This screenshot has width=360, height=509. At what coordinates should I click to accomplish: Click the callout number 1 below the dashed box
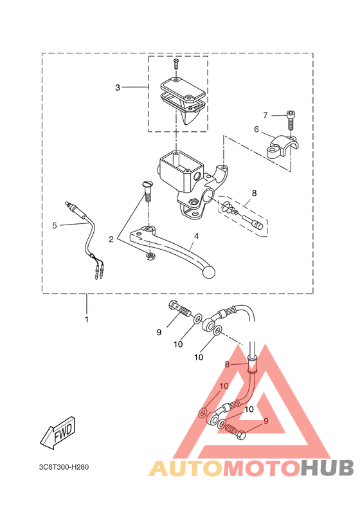[x=87, y=320]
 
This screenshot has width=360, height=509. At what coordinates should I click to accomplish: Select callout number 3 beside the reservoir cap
[x=118, y=88]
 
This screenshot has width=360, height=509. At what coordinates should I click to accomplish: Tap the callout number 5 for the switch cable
[x=55, y=225]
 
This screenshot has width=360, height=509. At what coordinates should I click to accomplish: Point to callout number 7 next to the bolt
[x=265, y=115]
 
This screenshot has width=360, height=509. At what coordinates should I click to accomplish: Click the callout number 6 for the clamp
[x=256, y=129]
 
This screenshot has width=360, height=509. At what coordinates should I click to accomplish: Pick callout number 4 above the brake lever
[x=196, y=236]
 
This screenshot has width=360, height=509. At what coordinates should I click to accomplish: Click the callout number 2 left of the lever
[x=111, y=239]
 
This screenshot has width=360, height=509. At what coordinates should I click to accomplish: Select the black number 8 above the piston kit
[x=254, y=193]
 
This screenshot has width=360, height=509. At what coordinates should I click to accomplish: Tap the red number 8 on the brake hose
[x=227, y=365]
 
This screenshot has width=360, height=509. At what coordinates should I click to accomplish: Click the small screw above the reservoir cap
[x=176, y=64]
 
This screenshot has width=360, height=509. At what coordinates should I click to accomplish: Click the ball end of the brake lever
[x=208, y=272]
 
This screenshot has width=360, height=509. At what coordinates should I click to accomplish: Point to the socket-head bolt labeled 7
[x=291, y=120]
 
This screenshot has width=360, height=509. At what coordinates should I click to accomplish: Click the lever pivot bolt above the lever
[x=147, y=192]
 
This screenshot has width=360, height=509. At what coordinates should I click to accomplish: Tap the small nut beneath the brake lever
[x=150, y=256]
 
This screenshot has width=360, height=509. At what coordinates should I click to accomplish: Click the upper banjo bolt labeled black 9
[x=179, y=309]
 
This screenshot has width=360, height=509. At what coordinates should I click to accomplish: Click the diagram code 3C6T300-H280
[x=64, y=467]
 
